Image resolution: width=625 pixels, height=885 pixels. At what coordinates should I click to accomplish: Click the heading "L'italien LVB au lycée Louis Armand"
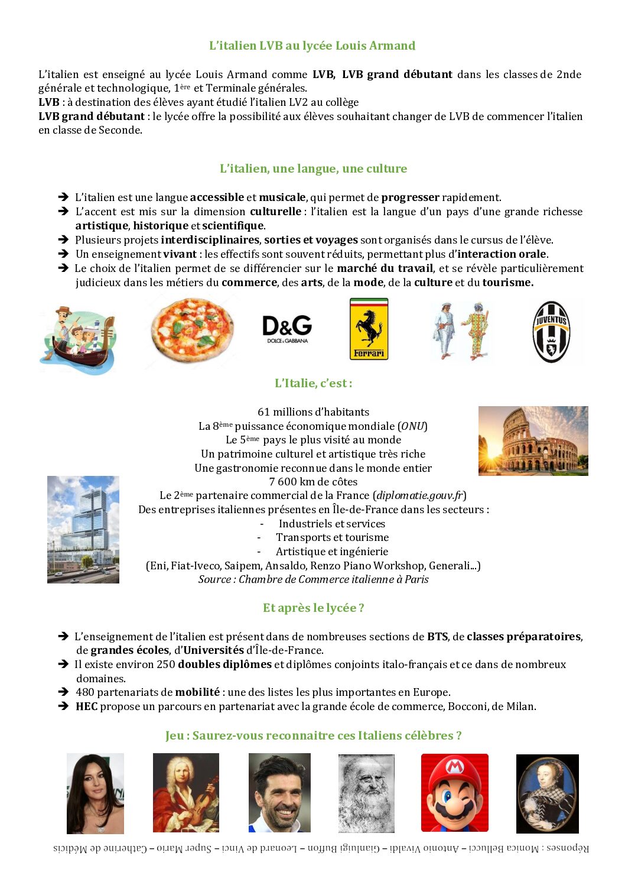pyautogui.click(x=312, y=46)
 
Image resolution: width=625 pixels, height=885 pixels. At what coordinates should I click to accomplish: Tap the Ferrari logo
pyautogui.click(x=369, y=329)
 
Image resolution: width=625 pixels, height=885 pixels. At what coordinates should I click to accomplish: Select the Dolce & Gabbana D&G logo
pyautogui.click(x=287, y=329)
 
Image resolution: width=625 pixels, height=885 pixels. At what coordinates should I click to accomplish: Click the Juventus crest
pyautogui.click(x=551, y=332)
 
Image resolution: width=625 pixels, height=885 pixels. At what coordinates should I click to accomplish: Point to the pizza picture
pyautogui.click(x=192, y=332)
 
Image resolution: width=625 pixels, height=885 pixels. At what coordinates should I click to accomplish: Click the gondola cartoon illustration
pyautogui.click(x=78, y=339)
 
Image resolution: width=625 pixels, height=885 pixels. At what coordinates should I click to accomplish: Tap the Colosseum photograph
pyautogui.click(x=533, y=440)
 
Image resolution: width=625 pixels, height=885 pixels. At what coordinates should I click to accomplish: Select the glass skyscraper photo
pyautogui.click(x=83, y=529)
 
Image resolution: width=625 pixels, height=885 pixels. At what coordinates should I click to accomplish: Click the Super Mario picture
pyautogui.click(x=454, y=792)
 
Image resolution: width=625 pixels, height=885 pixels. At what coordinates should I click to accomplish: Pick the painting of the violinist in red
pyautogui.click(x=185, y=792)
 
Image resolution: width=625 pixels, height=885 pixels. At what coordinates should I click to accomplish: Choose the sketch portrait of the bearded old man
pyautogui.click(x=366, y=793)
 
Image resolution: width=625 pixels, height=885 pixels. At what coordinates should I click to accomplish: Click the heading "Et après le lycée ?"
pyautogui.click(x=313, y=608)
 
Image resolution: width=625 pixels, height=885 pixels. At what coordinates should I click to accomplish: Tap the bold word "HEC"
pyautogui.click(x=86, y=706)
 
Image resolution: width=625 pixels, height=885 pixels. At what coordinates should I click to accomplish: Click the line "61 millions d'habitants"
pyautogui.click(x=313, y=412)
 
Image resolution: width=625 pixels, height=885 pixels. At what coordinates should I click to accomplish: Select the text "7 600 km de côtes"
pyautogui.click(x=313, y=482)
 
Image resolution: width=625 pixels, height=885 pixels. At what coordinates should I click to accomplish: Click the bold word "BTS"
pyautogui.click(x=437, y=637)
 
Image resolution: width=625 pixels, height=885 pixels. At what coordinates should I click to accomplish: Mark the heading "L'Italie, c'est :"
pyautogui.click(x=313, y=383)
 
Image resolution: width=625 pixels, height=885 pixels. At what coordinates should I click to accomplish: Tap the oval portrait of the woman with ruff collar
pyautogui.click(x=547, y=793)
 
